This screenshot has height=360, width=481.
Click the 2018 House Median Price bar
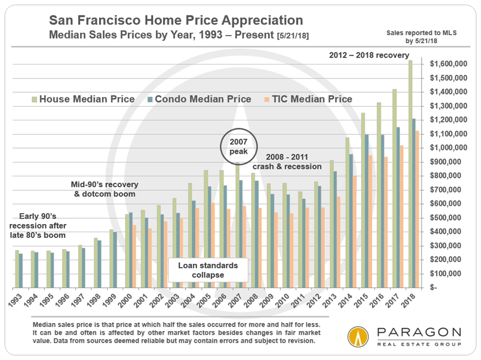(x=410, y=173)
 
